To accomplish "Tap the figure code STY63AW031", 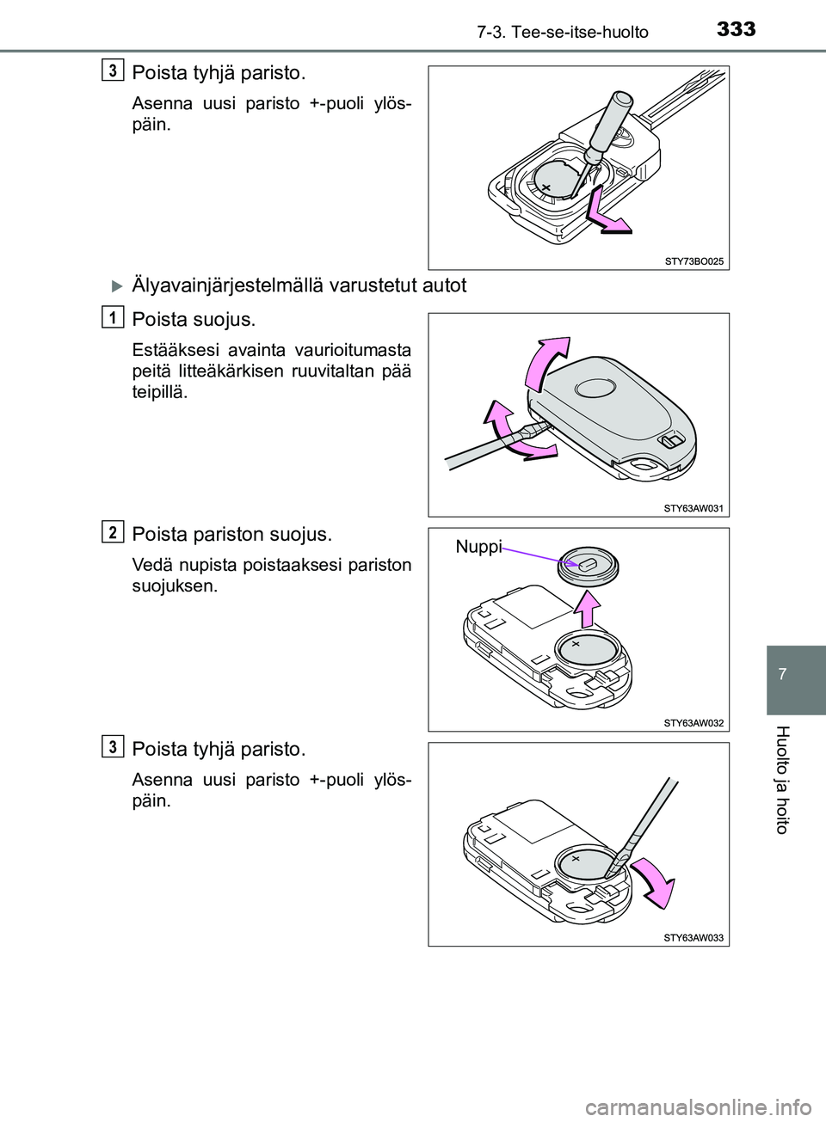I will point(693,508).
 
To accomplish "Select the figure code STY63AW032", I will point(693,723).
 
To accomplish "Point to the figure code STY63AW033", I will point(693,938).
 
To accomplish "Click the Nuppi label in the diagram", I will point(478,547).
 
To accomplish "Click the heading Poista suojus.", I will point(194,320).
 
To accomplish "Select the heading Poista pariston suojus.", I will point(231,534).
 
